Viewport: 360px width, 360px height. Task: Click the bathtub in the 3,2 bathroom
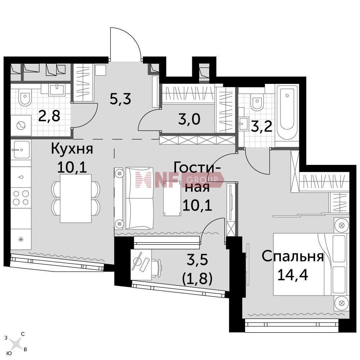[x=287, y=112]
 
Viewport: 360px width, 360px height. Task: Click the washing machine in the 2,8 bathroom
[x=21, y=126]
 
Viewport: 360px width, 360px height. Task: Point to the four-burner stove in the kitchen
[x=21, y=198]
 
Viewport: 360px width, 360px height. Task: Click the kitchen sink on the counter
[x=21, y=150]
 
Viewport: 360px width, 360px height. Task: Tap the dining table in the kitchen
[x=76, y=198]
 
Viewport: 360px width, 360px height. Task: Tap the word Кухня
[x=72, y=149]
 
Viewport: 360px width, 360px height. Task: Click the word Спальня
[x=293, y=256]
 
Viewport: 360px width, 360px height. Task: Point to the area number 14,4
[x=293, y=274]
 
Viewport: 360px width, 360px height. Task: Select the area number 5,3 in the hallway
[x=120, y=99]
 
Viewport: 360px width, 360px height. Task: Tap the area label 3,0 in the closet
[x=189, y=120]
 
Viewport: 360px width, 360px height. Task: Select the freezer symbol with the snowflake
[x=21, y=239]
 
